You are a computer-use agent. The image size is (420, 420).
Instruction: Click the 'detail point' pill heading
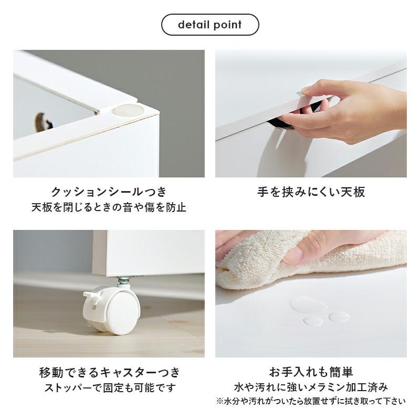point(210,25)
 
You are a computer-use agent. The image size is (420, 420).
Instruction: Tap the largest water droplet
point(302,303)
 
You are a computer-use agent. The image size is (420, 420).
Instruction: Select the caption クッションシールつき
point(109,192)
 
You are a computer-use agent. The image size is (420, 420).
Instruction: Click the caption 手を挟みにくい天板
point(311,192)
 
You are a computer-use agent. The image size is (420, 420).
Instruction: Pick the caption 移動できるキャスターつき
point(109,373)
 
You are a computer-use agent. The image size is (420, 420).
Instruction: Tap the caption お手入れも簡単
point(311,373)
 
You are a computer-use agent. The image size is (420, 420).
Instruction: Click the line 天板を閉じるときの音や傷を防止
point(109,207)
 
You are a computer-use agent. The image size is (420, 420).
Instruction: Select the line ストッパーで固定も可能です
point(109,388)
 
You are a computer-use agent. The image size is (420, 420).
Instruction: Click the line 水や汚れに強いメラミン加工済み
point(311,388)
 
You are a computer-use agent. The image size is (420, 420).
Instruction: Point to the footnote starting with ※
point(311,402)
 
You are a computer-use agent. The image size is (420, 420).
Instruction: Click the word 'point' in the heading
point(227,25)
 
